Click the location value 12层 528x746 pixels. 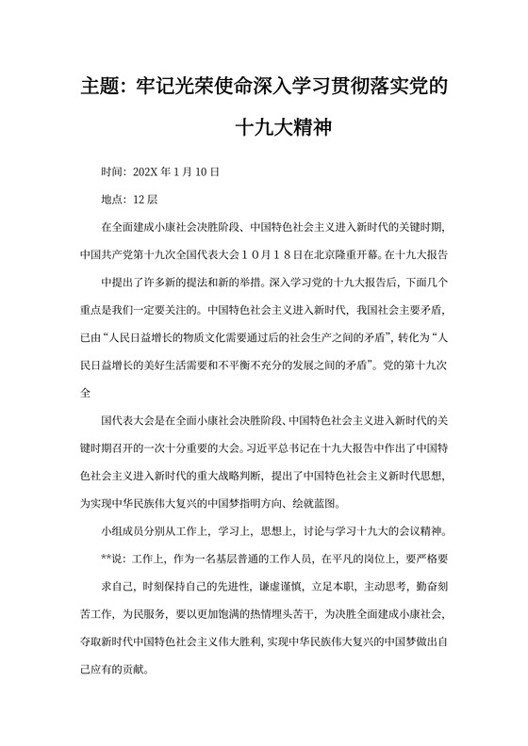145,200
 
